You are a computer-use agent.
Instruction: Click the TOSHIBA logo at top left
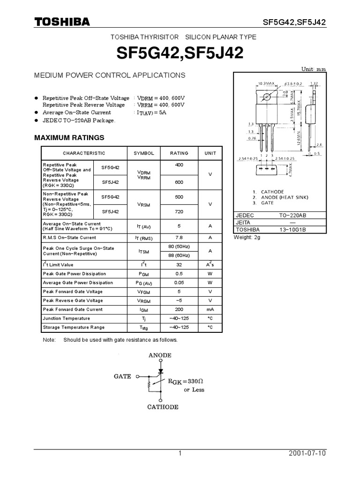61,22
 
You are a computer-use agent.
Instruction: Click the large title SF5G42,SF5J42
180,53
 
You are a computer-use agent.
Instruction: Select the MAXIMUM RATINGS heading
69,138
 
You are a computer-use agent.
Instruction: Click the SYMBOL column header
144,153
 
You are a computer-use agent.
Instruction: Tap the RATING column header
179,153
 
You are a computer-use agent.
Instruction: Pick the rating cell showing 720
179,212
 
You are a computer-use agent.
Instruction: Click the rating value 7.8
179,238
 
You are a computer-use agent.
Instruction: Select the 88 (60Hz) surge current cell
179,255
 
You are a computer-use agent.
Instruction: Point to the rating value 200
179,309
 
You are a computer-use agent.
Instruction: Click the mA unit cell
210,309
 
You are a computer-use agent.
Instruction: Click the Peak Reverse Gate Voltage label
73,300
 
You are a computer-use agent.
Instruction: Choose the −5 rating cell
179,300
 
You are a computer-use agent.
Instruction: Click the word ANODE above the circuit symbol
160,355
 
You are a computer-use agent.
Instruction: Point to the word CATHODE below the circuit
163,407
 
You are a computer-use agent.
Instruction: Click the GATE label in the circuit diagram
122,376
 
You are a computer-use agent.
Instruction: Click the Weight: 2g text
247,238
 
